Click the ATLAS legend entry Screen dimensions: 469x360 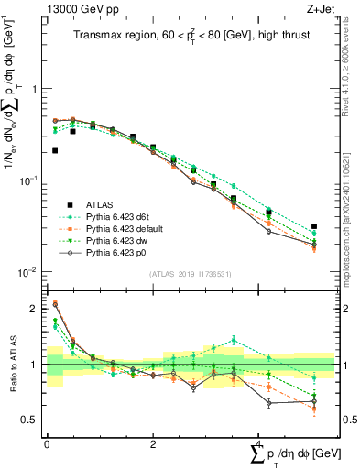[98, 202]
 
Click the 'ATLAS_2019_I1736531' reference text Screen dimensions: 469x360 [189, 274]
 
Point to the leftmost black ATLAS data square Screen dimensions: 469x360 [55, 150]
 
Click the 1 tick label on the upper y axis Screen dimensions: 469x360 [35, 89]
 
